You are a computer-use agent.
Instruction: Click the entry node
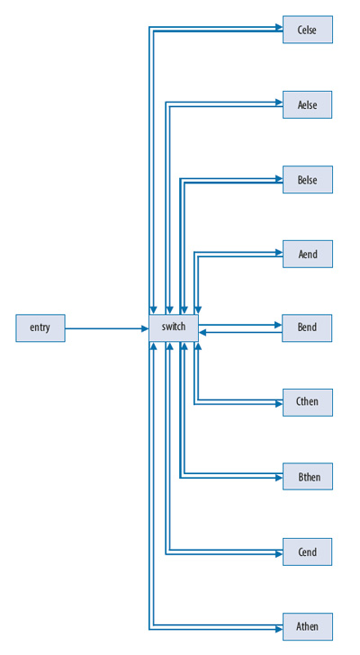(x=40, y=327)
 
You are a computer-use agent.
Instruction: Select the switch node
(x=174, y=327)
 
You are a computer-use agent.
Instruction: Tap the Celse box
(x=307, y=30)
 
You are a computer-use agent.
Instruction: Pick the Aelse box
(x=307, y=104)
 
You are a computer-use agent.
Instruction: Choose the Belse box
(x=307, y=179)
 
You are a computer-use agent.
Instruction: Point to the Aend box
(x=307, y=254)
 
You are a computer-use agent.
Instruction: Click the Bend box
(x=307, y=327)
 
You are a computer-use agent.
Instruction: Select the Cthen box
(x=307, y=402)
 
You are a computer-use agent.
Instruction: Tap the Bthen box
(x=307, y=477)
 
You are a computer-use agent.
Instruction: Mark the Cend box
(x=307, y=552)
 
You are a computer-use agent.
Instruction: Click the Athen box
(x=307, y=626)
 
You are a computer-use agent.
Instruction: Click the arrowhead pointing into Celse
(x=278, y=27)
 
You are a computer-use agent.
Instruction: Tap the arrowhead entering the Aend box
(x=278, y=251)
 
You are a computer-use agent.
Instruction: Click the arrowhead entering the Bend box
(x=278, y=324)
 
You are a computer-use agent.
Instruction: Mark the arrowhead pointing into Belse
(x=278, y=176)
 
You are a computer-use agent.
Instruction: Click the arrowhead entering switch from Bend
(x=203, y=332)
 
